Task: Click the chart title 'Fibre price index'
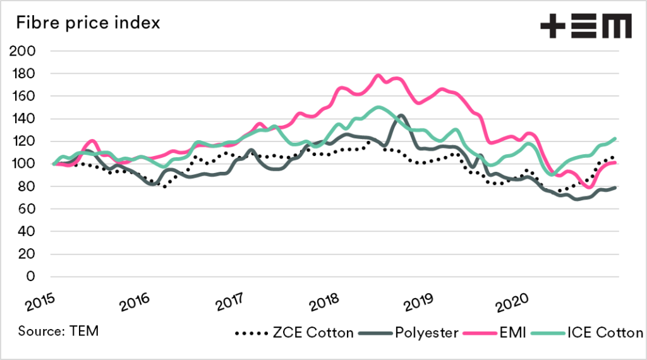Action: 88,23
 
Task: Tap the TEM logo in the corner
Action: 586,26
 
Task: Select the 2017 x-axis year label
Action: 232,302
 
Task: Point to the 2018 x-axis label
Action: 327,302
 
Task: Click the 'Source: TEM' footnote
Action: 59,331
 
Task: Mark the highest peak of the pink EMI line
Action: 378,75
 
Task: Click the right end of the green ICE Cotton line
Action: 615,138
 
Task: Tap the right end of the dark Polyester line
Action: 615,188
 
